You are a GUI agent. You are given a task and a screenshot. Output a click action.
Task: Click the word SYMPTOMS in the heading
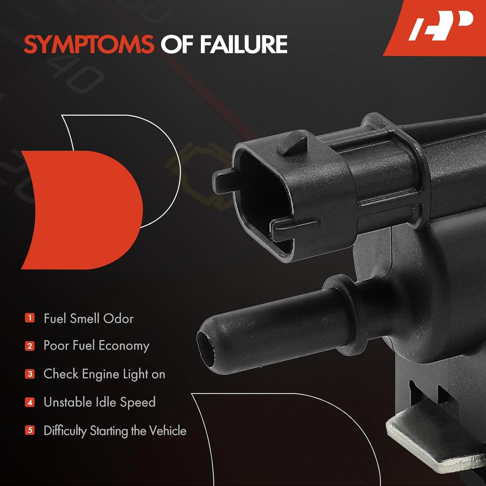click(x=89, y=44)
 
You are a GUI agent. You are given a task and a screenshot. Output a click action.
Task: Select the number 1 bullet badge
click(x=30, y=318)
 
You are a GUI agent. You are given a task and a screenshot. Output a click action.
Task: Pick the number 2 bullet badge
click(x=30, y=346)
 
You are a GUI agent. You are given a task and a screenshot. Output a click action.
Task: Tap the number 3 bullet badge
click(x=30, y=374)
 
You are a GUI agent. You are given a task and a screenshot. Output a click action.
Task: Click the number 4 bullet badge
click(x=30, y=402)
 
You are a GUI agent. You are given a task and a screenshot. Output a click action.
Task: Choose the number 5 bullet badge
click(x=30, y=431)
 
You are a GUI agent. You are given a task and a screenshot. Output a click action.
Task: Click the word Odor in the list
click(x=119, y=319)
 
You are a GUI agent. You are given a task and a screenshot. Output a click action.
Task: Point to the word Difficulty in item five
click(x=65, y=431)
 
